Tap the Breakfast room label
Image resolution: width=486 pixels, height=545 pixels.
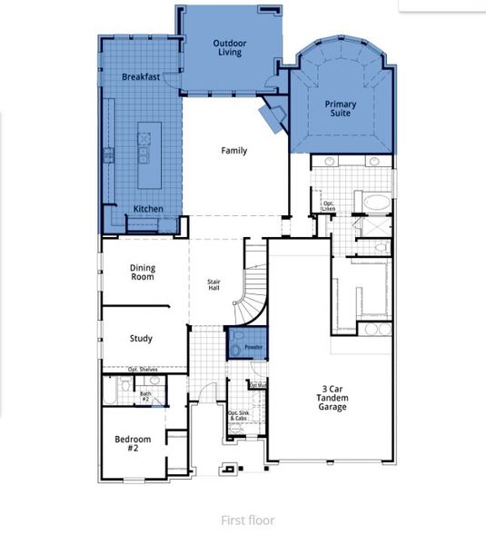click(x=141, y=77)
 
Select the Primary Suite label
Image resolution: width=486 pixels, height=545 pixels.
click(x=341, y=110)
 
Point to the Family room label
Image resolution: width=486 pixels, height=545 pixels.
click(x=234, y=151)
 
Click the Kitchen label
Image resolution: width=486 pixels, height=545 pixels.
click(x=148, y=209)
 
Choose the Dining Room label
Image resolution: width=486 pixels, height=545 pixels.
click(x=141, y=271)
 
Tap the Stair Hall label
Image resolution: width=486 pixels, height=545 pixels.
click(x=214, y=284)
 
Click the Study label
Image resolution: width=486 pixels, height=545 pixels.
click(x=141, y=339)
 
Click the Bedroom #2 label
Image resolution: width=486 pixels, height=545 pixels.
click(x=132, y=444)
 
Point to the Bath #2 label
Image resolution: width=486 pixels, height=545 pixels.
click(x=144, y=396)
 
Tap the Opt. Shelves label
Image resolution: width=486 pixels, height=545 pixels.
click(x=144, y=370)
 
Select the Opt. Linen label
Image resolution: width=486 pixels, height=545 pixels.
click(x=328, y=206)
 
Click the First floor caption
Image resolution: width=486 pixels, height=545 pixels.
click(x=248, y=520)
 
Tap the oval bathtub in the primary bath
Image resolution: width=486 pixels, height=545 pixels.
click(x=374, y=201)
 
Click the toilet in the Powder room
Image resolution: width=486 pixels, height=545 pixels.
click(x=238, y=346)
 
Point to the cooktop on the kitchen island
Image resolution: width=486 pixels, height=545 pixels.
click(x=144, y=140)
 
